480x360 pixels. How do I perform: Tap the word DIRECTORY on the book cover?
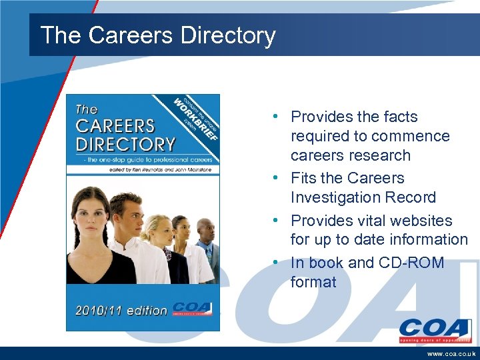coord(126,143)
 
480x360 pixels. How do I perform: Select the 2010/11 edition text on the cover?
coord(121,310)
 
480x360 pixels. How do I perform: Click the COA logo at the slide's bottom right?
coord(435,331)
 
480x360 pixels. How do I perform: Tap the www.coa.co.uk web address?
coord(451,353)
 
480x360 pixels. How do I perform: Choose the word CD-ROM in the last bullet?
coord(413,263)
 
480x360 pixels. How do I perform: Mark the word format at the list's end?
coord(313,282)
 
